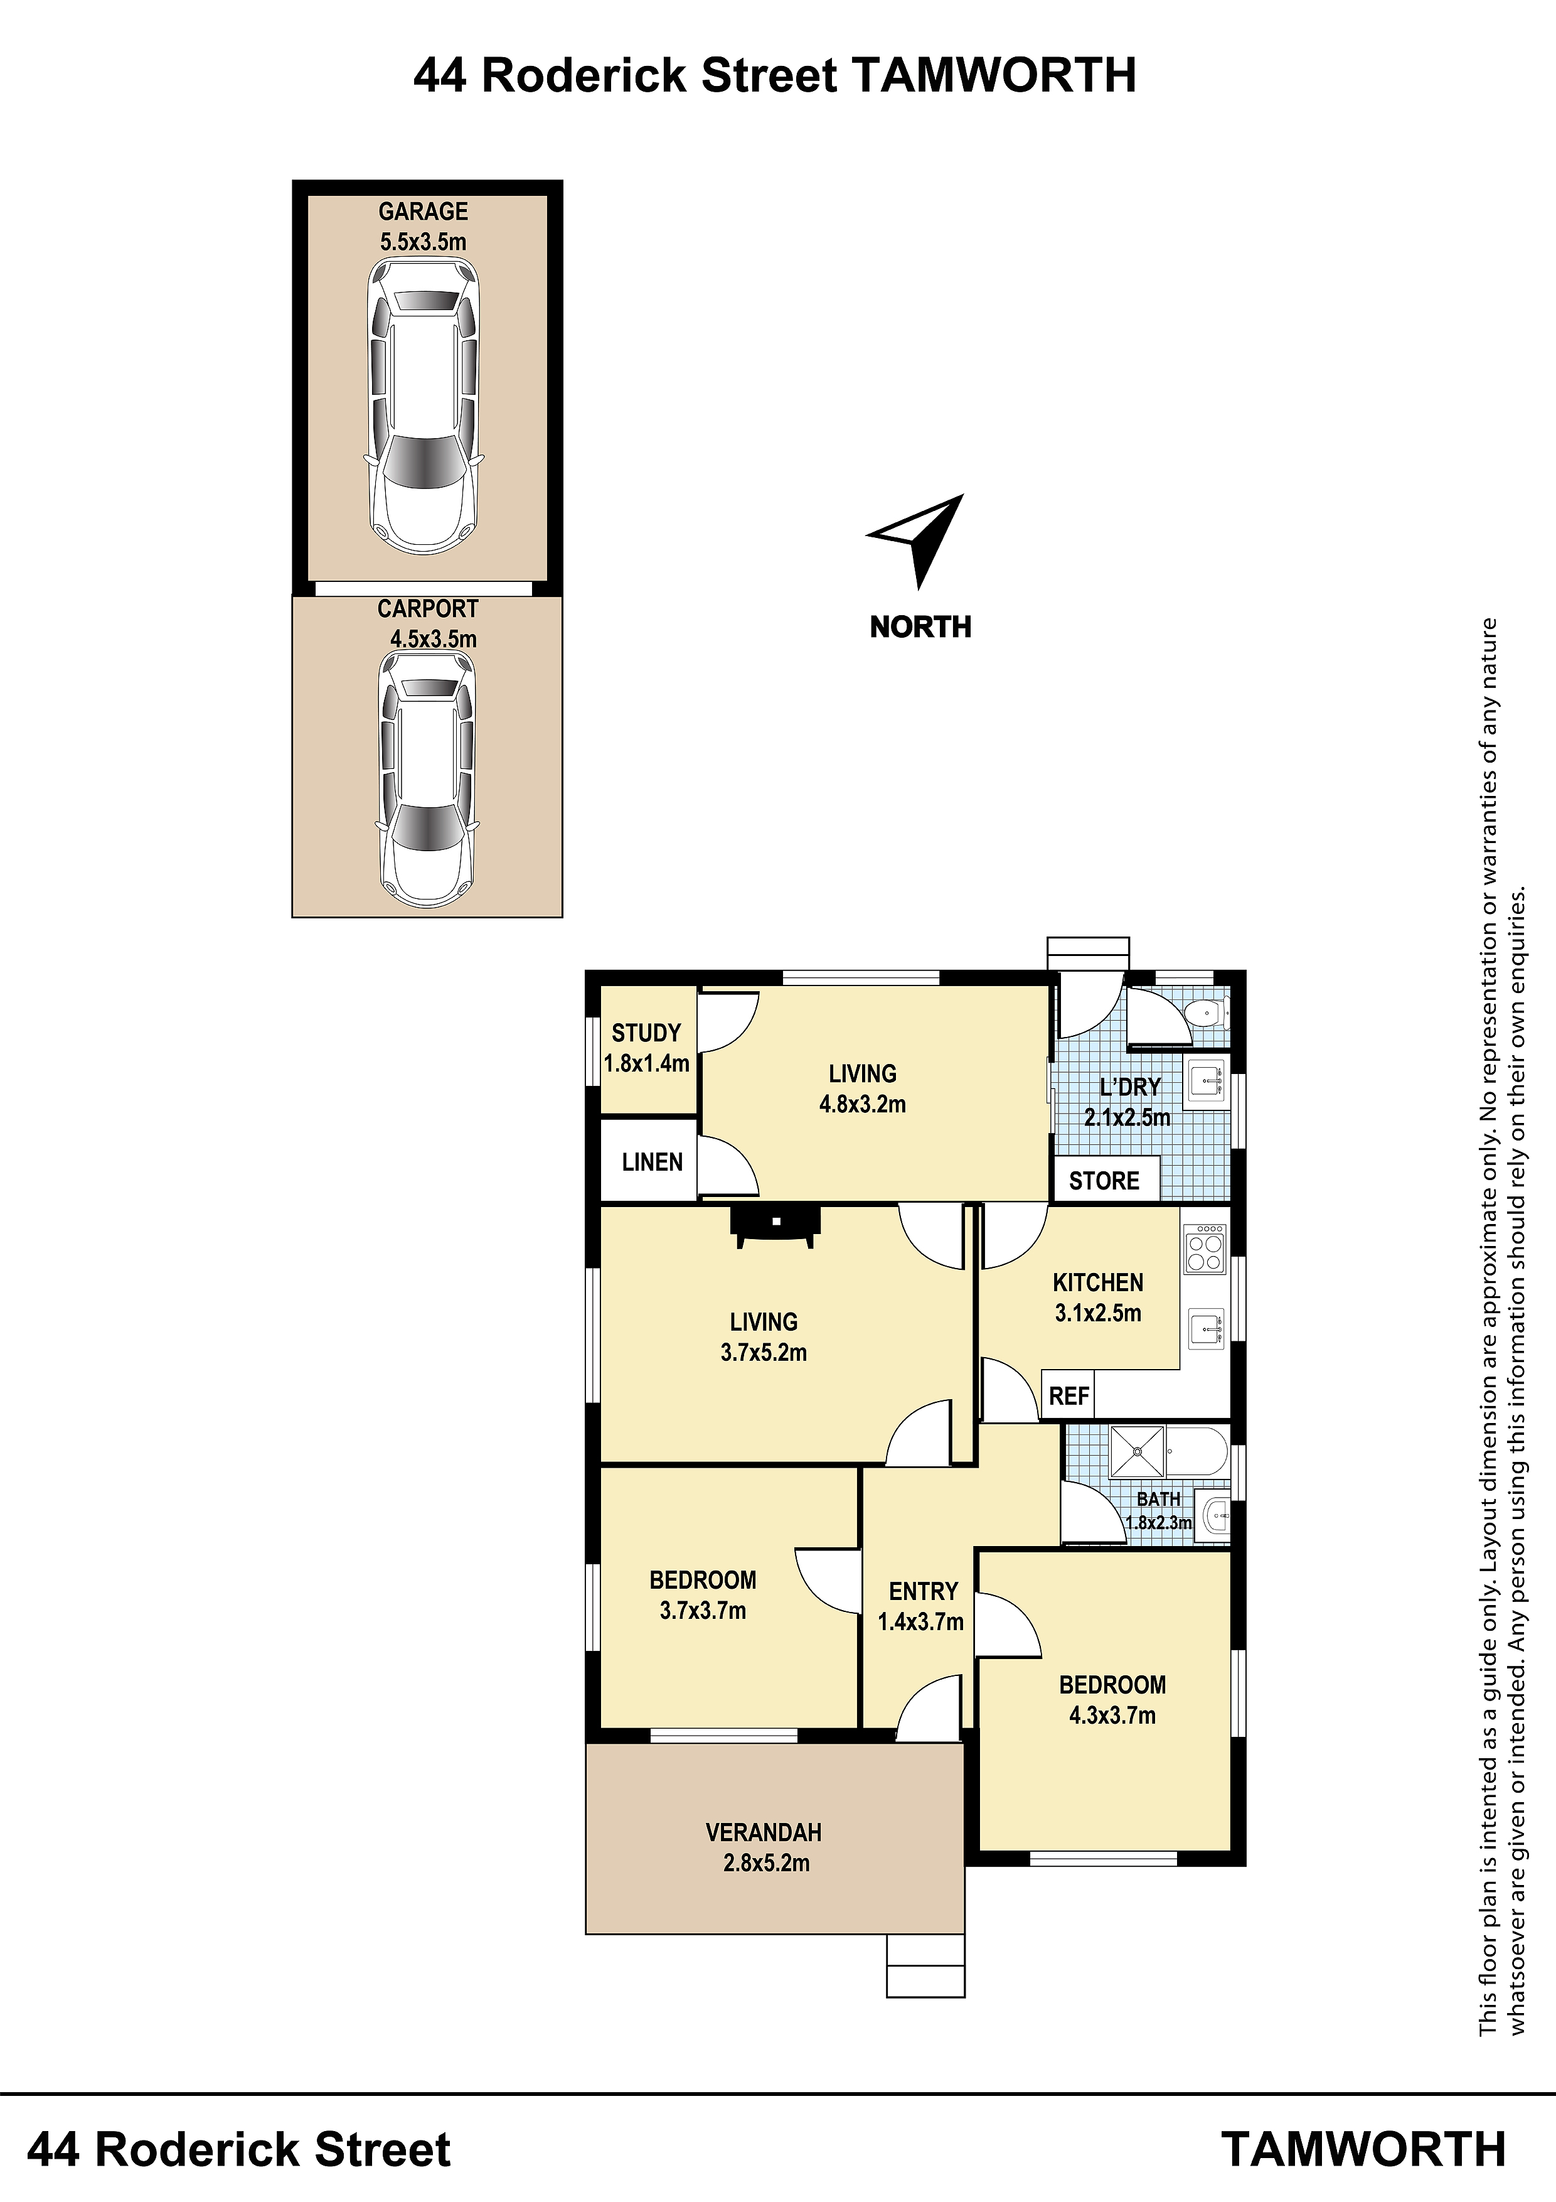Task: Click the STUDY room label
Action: pos(646,1033)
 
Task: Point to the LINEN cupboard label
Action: pos(652,1163)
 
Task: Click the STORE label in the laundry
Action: pos(1104,1181)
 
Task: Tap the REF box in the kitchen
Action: pos(1068,1395)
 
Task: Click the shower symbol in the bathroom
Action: pos(1137,1452)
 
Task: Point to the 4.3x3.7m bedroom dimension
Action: pos(1112,1715)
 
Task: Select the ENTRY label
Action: pos(923,1591)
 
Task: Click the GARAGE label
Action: pos(423,211)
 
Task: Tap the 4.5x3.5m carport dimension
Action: pos(434,639)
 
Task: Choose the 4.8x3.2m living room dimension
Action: pos(862,1104)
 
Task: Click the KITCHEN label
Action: pos(1098,1282)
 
